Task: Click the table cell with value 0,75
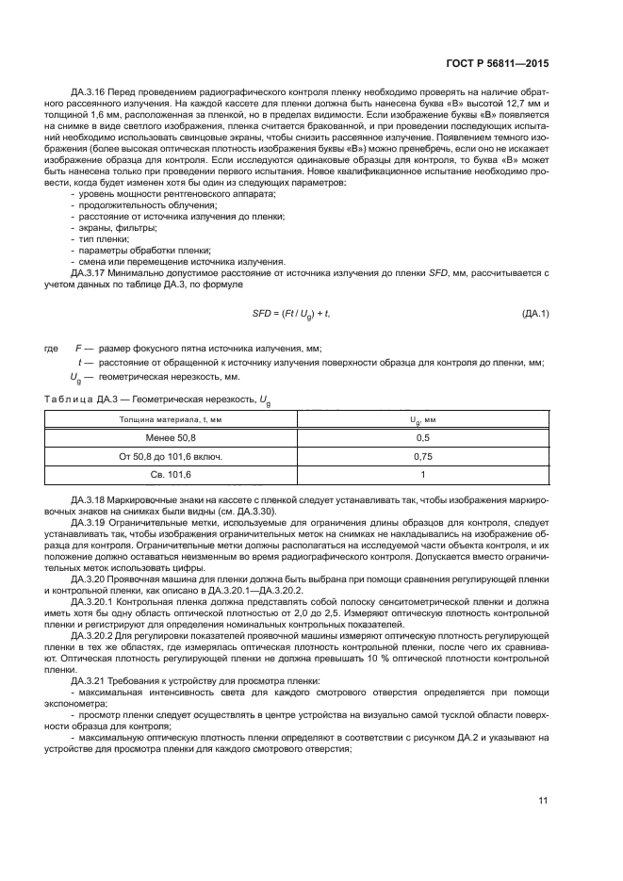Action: point(422,456)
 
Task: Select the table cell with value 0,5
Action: point(422,438)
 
